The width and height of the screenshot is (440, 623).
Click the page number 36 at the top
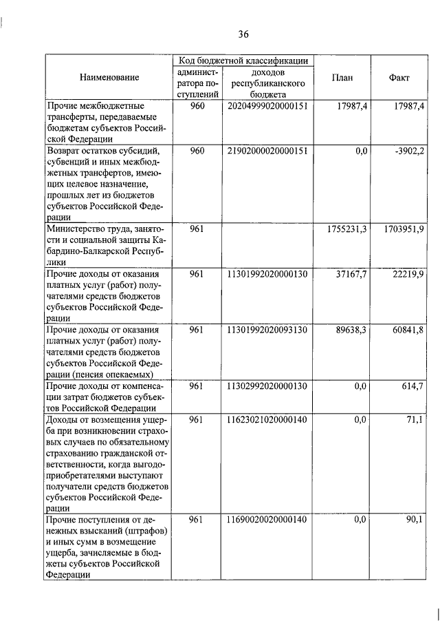click(243, 34)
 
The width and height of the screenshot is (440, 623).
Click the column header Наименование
click(109, 78)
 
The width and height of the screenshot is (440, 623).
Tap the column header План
click(342, 78)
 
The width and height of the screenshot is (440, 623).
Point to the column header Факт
click(399, 78)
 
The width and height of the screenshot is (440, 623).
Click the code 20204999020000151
click(265, 106)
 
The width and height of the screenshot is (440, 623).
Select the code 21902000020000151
click(265, 151)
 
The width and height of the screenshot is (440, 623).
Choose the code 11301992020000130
click(265, 274)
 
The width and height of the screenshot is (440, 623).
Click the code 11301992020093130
click(265, 330)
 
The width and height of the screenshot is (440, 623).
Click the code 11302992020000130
click(265, 386)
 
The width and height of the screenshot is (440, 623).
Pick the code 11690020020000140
click(265, 521)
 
